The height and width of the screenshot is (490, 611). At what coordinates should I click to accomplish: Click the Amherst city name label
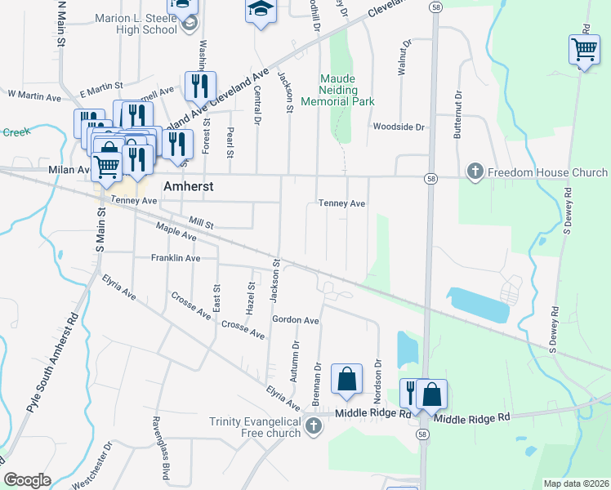coord(188,186)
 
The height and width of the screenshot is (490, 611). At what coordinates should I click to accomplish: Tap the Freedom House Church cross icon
coord(475,172)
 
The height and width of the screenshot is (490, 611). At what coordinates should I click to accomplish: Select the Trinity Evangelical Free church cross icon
coord(313,425)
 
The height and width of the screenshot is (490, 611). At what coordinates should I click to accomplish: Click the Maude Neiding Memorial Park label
coord(337,90)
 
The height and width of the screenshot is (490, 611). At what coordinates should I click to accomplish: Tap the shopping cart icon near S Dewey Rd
coord(584,50)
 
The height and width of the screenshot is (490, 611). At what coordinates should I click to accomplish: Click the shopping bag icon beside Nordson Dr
coord(346,379)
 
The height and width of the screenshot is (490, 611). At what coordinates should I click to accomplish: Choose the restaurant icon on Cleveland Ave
coord(200,86)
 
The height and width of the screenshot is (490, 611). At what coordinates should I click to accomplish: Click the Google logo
coord(28,480)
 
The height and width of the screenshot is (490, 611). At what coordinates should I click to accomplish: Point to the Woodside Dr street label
coord(399,127)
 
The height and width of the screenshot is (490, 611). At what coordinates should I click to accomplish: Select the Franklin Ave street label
coord(176,258)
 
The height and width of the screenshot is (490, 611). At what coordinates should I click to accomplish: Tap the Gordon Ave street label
coord(296,320)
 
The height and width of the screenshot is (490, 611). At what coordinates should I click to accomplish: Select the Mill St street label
coord(200,222)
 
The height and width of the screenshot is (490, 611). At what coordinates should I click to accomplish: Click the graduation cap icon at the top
coord(261,11)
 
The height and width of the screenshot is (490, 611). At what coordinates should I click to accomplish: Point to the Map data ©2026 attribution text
coord(576,483)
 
